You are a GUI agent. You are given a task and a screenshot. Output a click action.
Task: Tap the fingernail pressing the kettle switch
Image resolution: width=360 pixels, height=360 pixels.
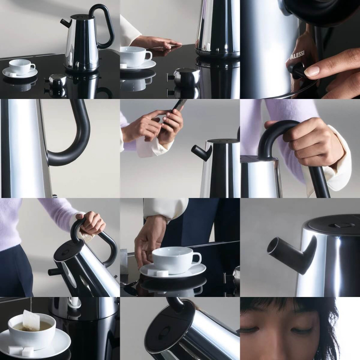pyautogui.click(x=311, y=72)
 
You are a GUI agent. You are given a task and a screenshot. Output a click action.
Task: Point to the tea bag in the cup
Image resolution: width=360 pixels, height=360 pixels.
pyautogui.click(x=31, y=320)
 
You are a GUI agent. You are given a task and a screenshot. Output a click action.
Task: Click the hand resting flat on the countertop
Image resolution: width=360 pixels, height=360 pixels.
pyautogui.click(x=157, y=42)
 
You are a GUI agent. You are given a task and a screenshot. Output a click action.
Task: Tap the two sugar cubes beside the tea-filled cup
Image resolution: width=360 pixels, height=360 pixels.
pyautogui.click(x=21, y=351)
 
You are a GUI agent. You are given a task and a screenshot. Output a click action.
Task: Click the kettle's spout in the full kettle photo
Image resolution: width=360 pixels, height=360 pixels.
pyautogui.click(x=66, y=22)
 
